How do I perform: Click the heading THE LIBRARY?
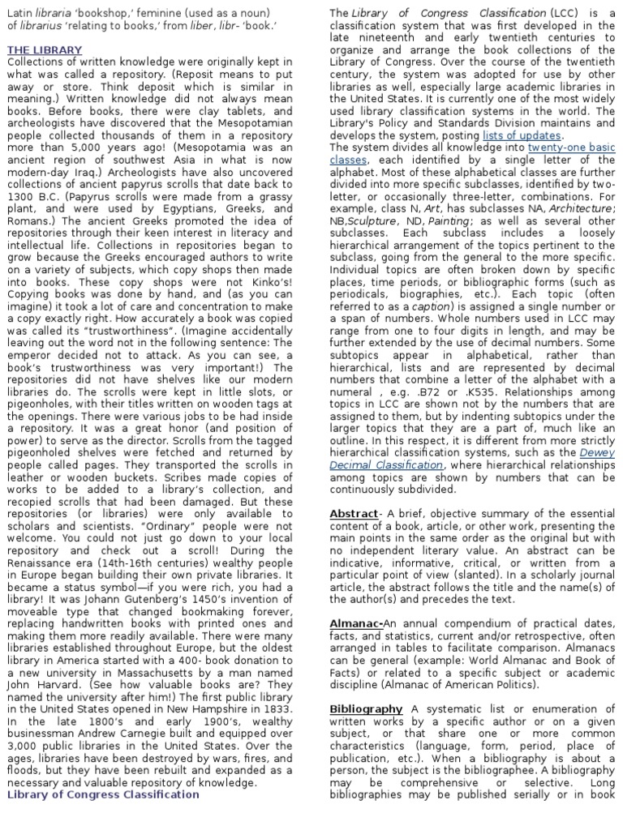(x=45, y=50)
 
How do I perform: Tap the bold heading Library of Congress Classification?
(x=103, y=794)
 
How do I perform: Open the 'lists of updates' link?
(x=522, y=135)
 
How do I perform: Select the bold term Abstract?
(x=354, y=514)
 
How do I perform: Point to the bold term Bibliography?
(x=366, y=708)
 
